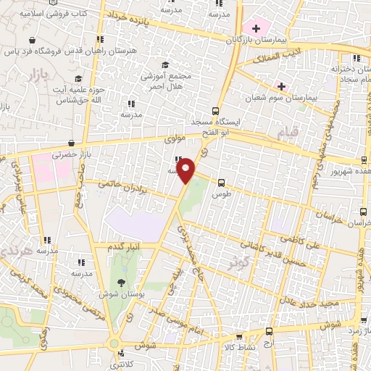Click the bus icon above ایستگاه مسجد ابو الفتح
(215, 111)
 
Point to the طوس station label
(221, 195)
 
